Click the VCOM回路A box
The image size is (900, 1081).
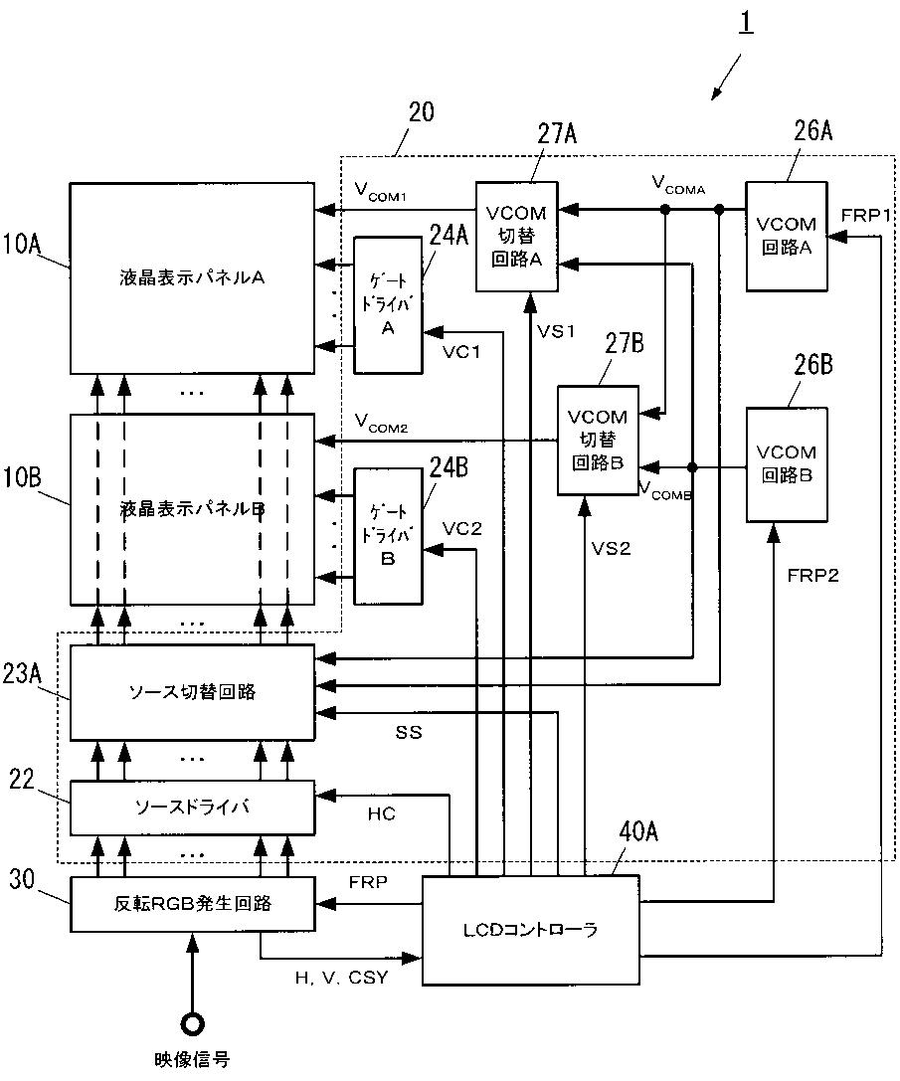787,236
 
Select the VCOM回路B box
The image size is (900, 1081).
787,464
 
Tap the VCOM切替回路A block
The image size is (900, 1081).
516,236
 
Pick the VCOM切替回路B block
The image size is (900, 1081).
598,440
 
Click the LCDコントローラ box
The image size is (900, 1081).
530,930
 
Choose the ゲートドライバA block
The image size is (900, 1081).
388,304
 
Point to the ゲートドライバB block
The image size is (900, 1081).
388,536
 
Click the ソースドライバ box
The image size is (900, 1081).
192,808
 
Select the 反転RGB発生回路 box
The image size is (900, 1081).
192,904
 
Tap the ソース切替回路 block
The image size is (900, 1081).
192,692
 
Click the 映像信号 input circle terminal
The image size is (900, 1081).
192,1024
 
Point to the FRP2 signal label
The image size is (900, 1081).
813,575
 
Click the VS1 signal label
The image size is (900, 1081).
556,331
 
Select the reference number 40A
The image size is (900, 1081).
637,831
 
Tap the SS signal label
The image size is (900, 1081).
409,732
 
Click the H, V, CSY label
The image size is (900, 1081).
341,977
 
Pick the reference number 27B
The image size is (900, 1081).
625,343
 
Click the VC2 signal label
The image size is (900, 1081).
461,529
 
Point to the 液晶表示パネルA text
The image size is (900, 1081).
192,277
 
